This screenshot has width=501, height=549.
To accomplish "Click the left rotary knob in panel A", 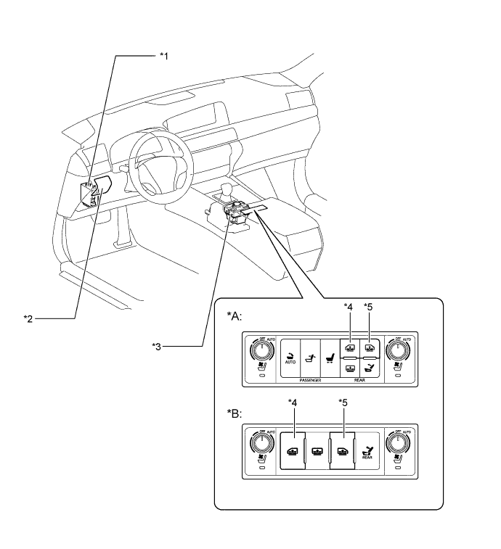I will pos(260,350).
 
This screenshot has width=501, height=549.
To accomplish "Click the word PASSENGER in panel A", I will pos(307,380).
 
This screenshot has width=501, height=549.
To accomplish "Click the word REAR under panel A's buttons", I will pos(360,380).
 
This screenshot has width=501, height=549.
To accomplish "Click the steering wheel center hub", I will pos(155,165).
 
